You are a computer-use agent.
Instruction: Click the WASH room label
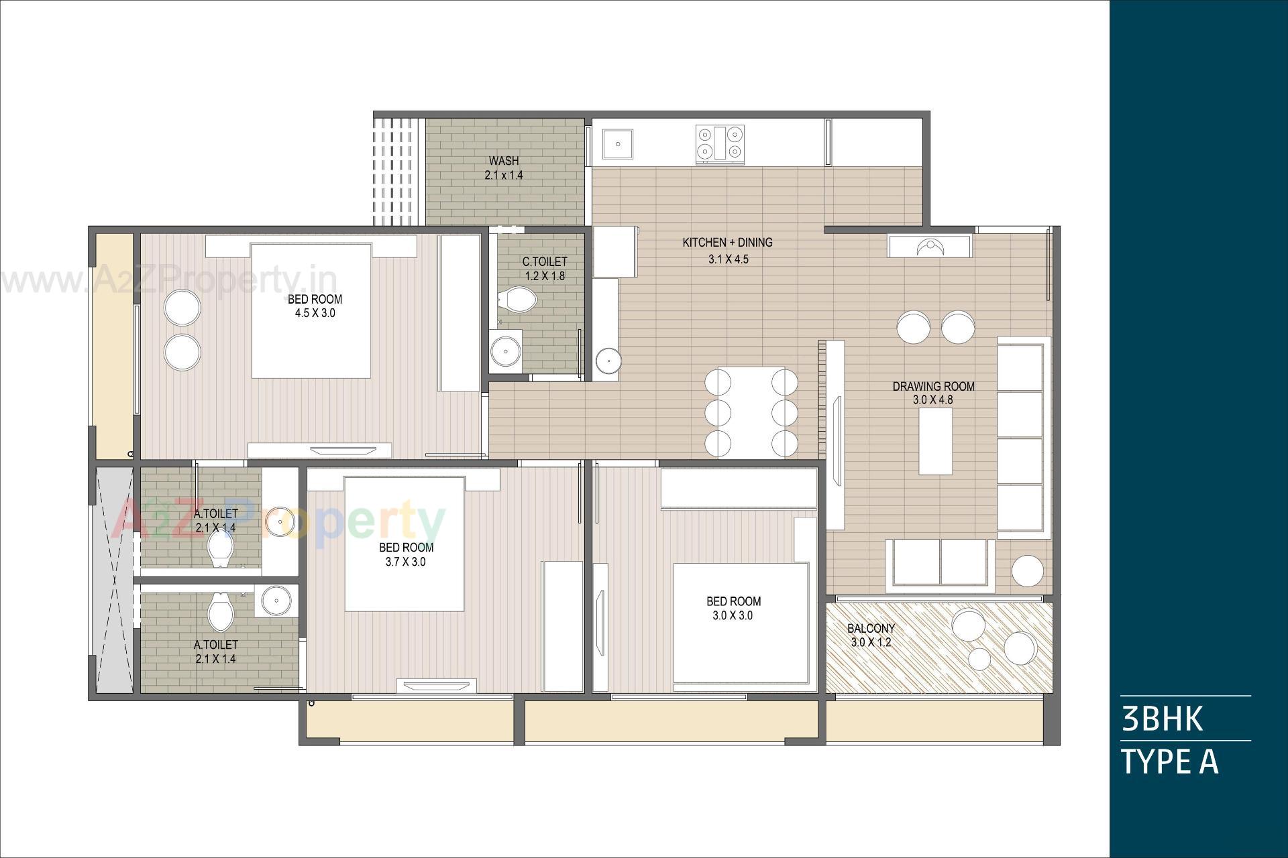[503, 161]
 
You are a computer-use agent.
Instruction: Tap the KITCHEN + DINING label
[727, 243]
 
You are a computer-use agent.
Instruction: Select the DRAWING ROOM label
[933, 386]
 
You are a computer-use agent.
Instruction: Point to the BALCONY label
[871, 628]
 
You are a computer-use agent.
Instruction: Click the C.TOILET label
[545, 261]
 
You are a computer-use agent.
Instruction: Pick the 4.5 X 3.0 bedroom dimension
[315, 313]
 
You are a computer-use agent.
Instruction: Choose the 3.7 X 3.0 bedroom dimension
[405, 562]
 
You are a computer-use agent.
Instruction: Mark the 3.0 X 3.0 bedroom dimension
[733, 615]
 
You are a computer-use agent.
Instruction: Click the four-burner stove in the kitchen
[720, 143]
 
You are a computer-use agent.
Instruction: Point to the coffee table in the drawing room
[935, 441]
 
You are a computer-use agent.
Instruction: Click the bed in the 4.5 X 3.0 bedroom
[311, 312]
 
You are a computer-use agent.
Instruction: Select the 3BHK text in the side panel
[1162, 719]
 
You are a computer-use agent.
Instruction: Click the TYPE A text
[1169, 761]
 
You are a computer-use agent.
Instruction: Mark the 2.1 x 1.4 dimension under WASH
[503, 176]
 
